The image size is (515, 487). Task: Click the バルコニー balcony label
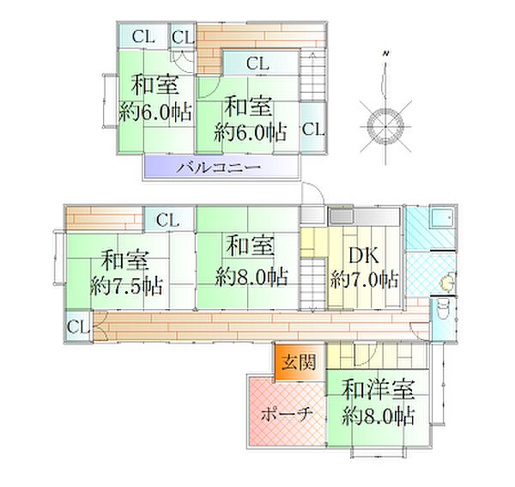pos(218,167)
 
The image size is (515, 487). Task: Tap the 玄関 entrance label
pos(299,362)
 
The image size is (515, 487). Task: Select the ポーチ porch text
pos(287,414)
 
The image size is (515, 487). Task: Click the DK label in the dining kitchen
pos(364,255)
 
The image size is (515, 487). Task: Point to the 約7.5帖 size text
pos(126,286)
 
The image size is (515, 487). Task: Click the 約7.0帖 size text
pos(365,280)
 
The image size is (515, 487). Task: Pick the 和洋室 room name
pos(378,389)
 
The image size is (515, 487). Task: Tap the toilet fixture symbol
pos(443,310)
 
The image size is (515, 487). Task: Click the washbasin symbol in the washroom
pos(448,281)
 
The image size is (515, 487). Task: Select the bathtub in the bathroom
pos(442,218)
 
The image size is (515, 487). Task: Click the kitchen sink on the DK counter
pos(342,216)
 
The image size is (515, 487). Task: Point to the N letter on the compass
pos(386,53)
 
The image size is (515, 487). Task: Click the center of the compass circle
pos(385,126)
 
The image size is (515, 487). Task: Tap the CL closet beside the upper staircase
pos(313,129)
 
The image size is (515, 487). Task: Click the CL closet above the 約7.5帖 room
pos(168,220)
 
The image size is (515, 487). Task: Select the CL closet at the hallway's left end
pos(78,326)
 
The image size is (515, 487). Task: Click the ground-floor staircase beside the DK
pos(312,284)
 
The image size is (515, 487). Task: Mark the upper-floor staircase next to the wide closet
pos(312,76)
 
